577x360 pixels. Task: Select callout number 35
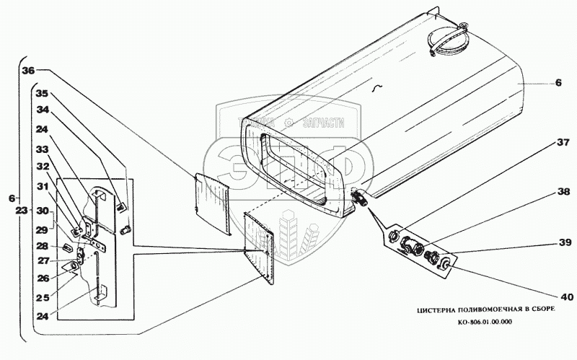[x=43, y=93]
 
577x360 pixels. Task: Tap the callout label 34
[x=43, y=110]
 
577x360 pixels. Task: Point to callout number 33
[x=43, y=149]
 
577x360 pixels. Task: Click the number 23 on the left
[x=22, y=211]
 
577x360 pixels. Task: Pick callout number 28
[x=43, y=245]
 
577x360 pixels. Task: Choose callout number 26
[x=43, y=278]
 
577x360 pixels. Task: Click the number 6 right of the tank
[x=558, y=83]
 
